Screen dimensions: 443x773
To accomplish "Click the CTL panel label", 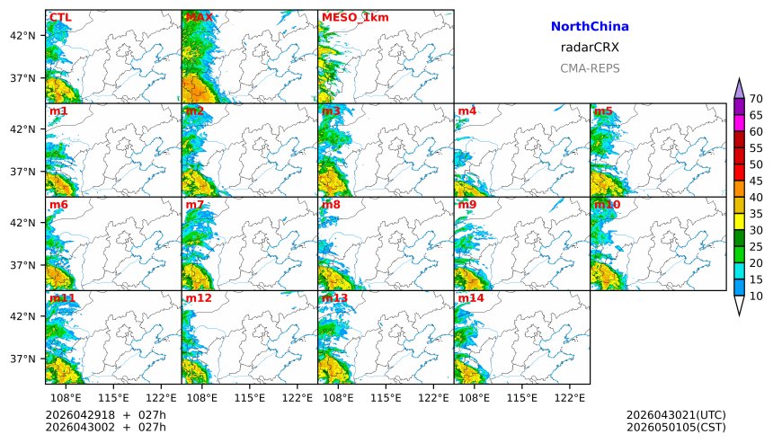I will (60, 17).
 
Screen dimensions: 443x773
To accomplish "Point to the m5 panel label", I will (603, 111).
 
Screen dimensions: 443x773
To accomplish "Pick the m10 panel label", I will (607, 205).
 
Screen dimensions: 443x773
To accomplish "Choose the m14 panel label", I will (471, 297).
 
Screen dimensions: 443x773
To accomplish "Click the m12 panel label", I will (199, 297).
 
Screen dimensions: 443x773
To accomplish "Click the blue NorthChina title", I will (590, 27).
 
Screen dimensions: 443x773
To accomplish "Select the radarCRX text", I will (590, 48).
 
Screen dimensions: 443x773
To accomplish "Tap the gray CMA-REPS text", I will (590, 68).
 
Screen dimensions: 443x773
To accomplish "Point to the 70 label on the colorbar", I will (756, 99).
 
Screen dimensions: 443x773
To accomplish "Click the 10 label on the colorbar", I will (756, 297).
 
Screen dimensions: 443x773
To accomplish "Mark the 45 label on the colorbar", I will (756, 182).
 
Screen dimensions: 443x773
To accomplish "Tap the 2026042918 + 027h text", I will (106, 414).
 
